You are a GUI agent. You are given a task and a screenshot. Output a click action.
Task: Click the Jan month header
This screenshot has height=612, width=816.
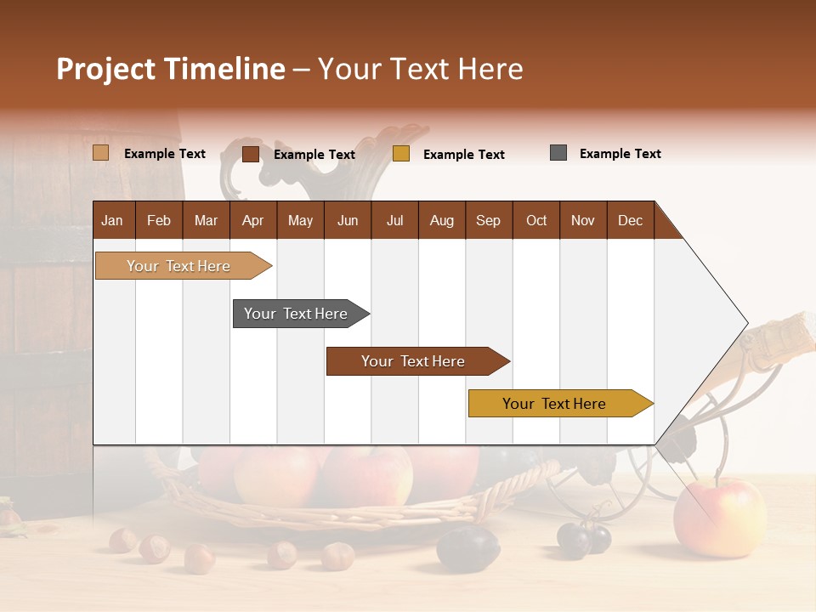pos(112,220)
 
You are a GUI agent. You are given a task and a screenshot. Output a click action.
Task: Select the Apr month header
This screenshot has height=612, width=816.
pos(252,220)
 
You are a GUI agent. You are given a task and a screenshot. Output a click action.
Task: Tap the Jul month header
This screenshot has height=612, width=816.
pos(394,220)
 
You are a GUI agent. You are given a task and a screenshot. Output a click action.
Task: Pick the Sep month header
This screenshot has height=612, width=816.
pos(488,220)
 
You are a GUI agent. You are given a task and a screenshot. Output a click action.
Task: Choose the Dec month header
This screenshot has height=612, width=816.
pos(630,220)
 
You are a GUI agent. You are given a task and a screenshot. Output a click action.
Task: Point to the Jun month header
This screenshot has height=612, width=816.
pos(347,220)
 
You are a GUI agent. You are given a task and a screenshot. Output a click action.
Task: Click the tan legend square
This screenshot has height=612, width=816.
pos(100,153)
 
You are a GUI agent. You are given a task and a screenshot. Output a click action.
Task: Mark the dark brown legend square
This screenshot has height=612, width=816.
pos(251,154)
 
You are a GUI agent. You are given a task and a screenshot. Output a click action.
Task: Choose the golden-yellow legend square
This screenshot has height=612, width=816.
pos(401,154)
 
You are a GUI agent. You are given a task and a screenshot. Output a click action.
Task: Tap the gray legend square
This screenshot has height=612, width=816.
pos(558,153)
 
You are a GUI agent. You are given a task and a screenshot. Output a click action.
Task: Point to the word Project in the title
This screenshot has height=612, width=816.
pos(106,69)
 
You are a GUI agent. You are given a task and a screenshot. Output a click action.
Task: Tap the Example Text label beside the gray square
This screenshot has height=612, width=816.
pos(620,153)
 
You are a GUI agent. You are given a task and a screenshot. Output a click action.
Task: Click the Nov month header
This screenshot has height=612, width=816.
pos(582,220)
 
